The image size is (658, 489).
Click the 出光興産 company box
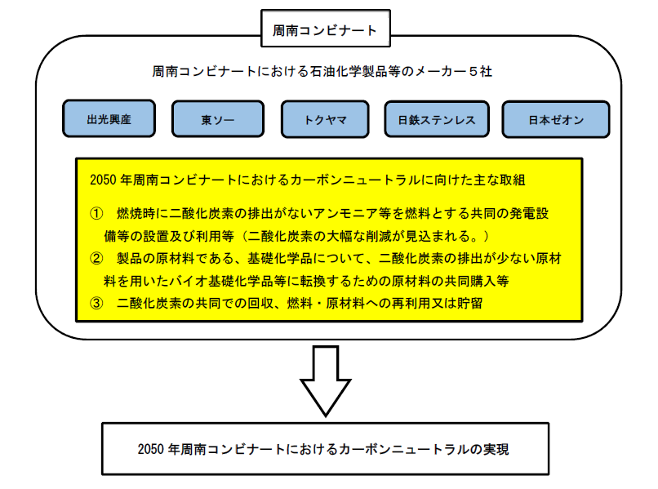[x=109, y=119]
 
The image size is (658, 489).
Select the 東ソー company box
[x=217, y=119]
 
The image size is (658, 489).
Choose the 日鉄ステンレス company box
[x=436, y=119]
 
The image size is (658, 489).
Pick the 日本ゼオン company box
[x=555, y=119]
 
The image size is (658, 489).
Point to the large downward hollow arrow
[x=325, y=385]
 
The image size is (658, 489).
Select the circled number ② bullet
[x=96, y=258]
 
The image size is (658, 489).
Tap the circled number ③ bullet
[x=96, y=303]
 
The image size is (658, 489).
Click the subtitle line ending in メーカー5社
[x=322, y=72]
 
